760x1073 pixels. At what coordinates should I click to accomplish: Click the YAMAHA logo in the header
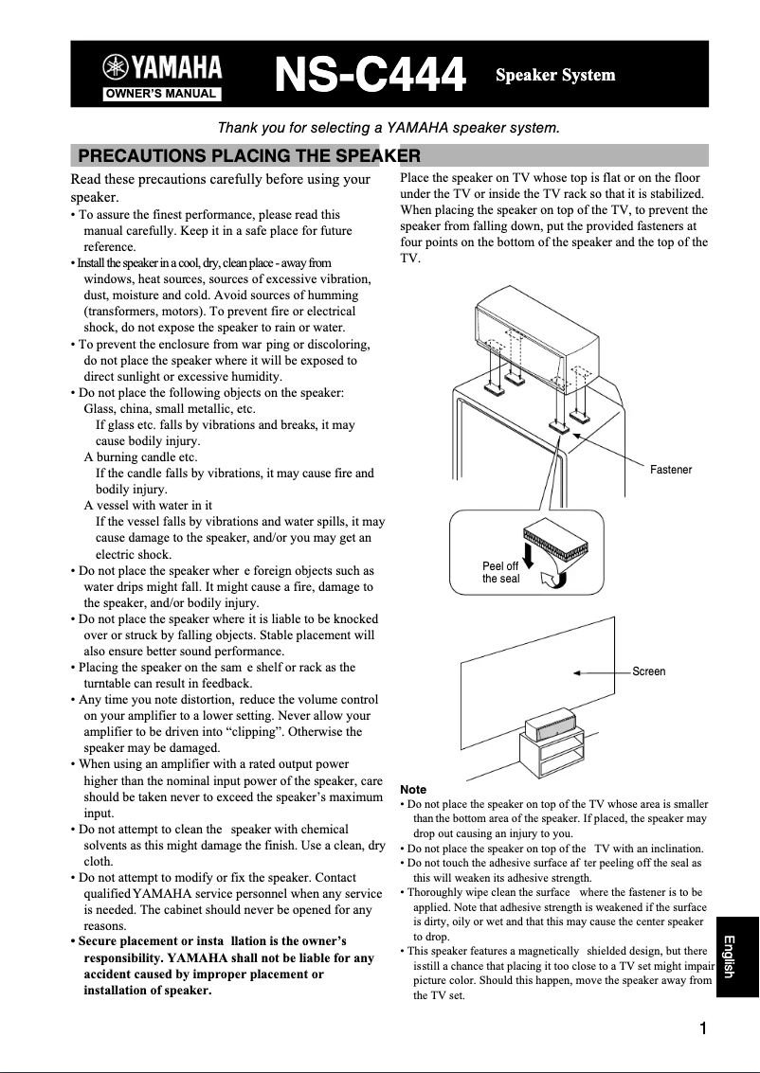pyautogui.click(x=164, y=67)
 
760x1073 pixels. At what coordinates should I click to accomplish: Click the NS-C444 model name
pyautogui.click(x=371, y=76)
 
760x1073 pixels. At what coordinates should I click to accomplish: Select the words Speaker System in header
pyautogui.click(x=555, y=75)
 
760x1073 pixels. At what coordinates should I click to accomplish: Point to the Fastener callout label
pyautogui.click(x=671, y=470)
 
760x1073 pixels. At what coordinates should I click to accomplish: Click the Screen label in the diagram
pyautogui.click(x=649, y=671)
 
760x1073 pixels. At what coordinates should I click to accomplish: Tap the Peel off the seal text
pyautogui.click(x=500, y=572)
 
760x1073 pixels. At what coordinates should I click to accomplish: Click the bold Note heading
pyautogui.click(x=413, y=789)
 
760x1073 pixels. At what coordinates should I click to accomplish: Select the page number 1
pyautogui.click(x=703, y=1029)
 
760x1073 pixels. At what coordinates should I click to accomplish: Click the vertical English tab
pyautogui.click(x=737, y=956)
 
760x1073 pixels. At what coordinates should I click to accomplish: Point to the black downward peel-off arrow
pyautogui.click(x=528, y=563)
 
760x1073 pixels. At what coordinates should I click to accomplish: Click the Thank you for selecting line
pyautogui.click(x=389, y=127)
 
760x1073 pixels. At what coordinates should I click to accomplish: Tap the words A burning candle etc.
pyautogui.click(x=140, y=457)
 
